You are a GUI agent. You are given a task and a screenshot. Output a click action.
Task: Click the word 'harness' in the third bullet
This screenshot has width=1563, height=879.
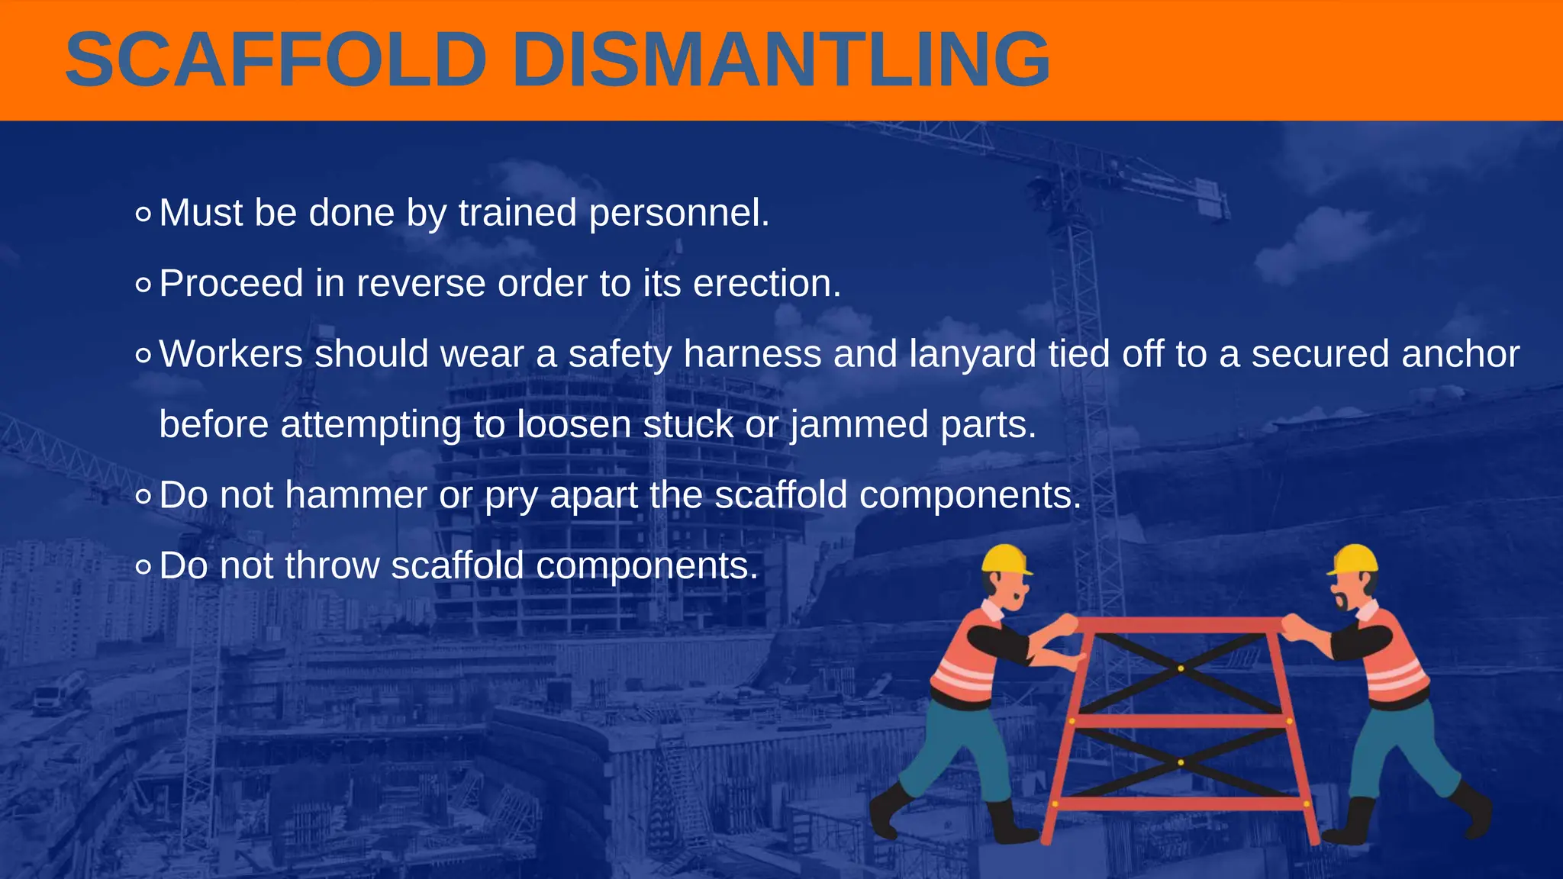(x=752, y=354)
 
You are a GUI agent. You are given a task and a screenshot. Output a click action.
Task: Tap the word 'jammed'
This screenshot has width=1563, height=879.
(x=859, y=425)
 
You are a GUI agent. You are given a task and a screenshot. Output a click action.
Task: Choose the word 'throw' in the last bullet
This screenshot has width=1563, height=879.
(x=332, y=566)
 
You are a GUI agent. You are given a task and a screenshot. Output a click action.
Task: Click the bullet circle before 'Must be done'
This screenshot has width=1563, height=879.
(x=143, y=214)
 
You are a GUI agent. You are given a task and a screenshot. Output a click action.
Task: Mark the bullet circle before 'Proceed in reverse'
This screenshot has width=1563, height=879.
(x=143, y=285)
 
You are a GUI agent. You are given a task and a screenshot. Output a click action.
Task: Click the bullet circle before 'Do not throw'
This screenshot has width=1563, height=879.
(x=143, y=568)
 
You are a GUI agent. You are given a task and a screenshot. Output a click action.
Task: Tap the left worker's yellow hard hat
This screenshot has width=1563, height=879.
(x=1004, y=559)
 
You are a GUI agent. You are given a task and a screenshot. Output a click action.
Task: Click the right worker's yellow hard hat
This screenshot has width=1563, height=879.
(x=1355, y=559)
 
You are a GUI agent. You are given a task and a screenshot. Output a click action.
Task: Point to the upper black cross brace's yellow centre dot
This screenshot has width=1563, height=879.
(x=1181, y=668)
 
